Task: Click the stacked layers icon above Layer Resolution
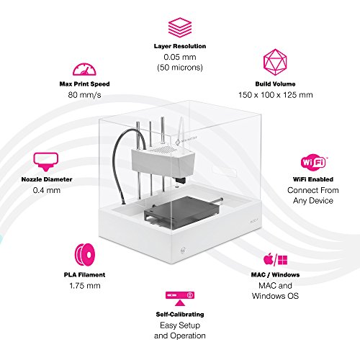coord(180,27)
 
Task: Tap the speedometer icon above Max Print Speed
coord(84,70)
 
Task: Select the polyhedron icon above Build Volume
coord(275,62)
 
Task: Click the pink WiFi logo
coord(313,163)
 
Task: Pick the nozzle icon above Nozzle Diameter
coord(45,161)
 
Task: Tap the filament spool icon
coord(85,255)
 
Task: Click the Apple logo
coord(269,258)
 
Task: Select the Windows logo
coord(282,260)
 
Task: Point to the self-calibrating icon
coord(180,298)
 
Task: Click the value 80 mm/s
coord(84,95)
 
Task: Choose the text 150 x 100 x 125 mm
coord(276,95)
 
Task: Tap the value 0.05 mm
coord(180,57)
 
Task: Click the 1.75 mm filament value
coord(85,286)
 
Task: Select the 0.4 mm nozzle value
coord(47,190)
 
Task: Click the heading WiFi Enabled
coord(313,179)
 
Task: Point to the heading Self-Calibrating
coord(180,315)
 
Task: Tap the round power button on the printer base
coord(183,251)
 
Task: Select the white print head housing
coord(163,160)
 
